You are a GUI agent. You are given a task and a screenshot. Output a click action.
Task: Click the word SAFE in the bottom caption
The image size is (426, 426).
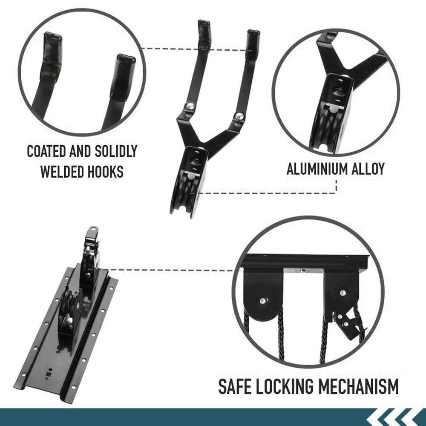235,387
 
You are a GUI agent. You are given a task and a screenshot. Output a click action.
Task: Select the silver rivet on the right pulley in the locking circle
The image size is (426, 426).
343,293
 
